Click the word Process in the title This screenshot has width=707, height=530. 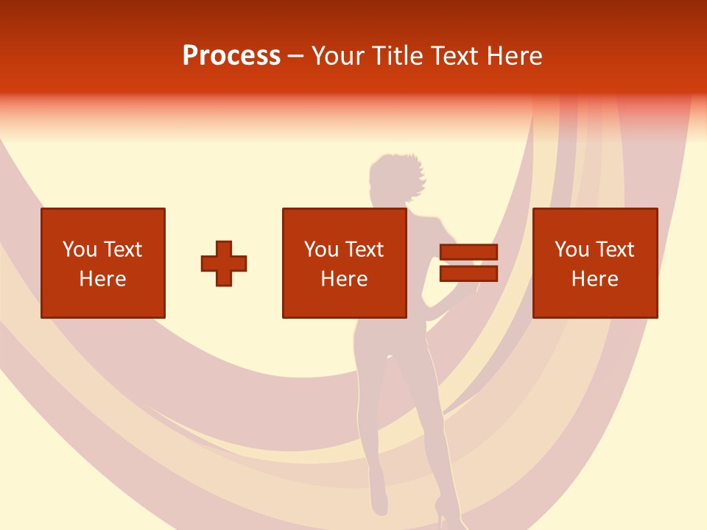coord(231,56)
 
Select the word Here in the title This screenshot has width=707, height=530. coord(513,56)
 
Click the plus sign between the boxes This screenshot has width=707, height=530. coord(224,264)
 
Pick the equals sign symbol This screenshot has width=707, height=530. coord(468,263)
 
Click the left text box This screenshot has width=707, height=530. coord(103,263)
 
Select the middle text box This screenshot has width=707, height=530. coord(344,263)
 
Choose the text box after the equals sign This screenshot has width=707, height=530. coord(594,263)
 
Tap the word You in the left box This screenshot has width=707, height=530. coord(80,250)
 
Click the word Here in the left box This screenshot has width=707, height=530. coord(103,279)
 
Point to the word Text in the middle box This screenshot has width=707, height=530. coord(363,250)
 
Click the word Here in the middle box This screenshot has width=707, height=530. coord(344,279)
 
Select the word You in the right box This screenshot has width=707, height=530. coord(571,250)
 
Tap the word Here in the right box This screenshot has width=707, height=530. coord(594,279)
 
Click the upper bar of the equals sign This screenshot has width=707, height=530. coord(468,252)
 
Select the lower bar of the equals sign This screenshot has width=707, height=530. coord(468,274)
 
